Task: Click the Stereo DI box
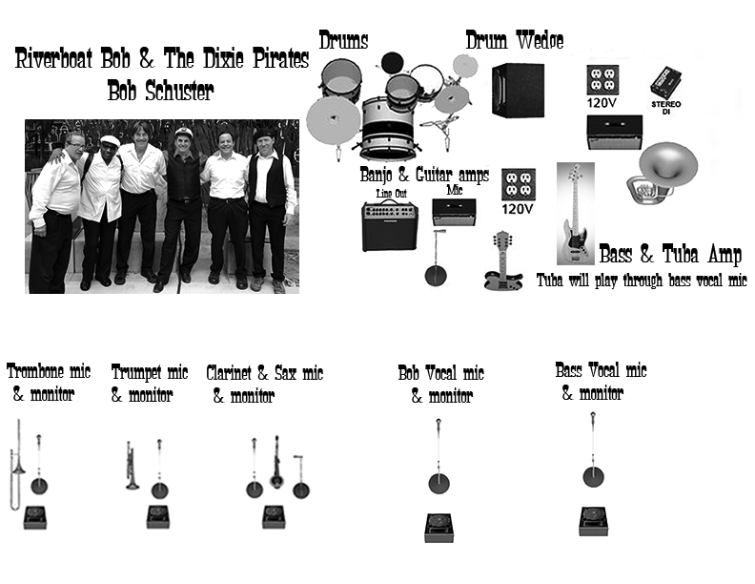(x=665, y=83)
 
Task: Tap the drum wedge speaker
(x=518, y=90)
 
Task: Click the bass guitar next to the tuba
(x=576, y=214)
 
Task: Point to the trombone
(x=17, y=465)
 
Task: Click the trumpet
(x=132, y=466)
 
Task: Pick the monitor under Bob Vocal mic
(x=439, y=528)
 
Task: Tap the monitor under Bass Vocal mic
(x=593, y=521)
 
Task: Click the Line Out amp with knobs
(x=390, y=225)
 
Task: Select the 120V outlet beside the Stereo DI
(x=602, y=80)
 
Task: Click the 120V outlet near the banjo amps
(x=518, y=184)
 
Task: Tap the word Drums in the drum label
(x=343, y=40)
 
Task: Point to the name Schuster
(x=179, y=91)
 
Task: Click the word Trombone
(x=35, y=371)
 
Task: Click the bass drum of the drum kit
(x=387, y=129)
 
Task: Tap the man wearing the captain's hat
(x=182, y=207)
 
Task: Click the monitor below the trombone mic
(x=35, y=517)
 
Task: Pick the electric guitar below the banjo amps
(x=503, y=261)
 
